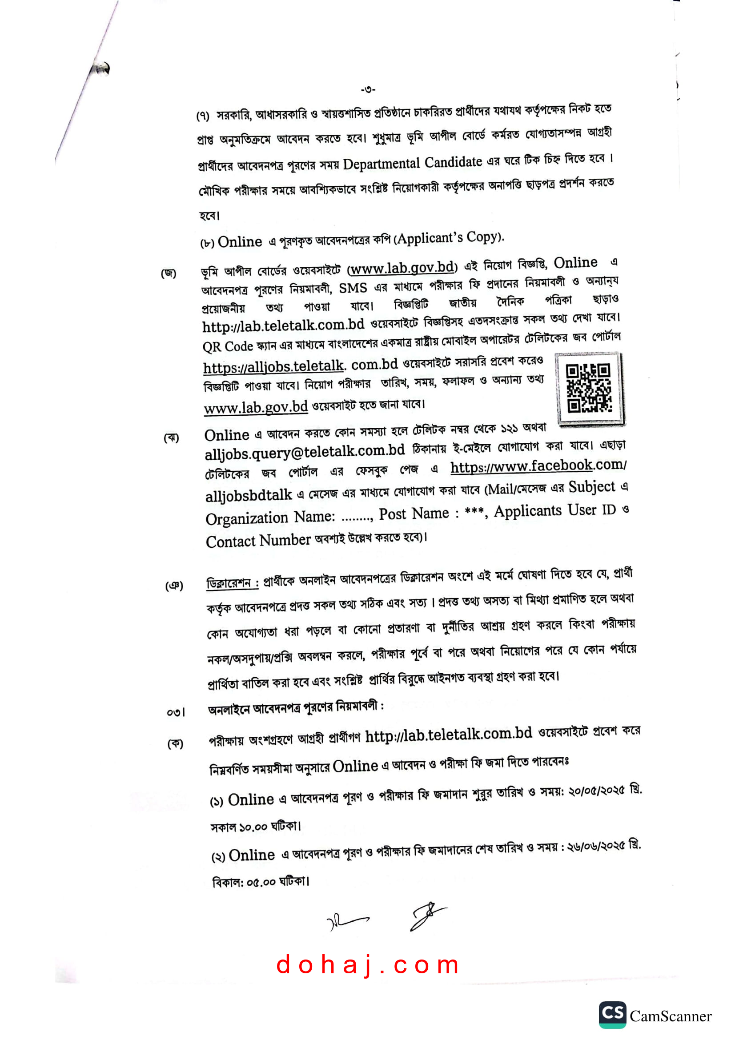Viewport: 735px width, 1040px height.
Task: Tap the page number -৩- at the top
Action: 368,90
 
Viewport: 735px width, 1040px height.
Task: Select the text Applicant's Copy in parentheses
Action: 449,238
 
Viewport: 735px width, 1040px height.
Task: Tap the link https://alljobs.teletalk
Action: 273,366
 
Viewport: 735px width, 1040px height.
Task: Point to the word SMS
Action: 353,288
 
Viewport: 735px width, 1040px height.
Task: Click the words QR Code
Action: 227,346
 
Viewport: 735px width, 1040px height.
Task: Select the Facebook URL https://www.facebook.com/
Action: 538,466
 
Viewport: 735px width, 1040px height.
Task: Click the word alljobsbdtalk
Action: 249,495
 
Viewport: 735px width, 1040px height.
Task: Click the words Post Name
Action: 414,514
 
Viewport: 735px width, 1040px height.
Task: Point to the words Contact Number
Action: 258,540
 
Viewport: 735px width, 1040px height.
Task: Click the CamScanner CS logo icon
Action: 612,1015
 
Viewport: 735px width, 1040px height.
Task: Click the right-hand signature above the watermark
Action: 427,915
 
